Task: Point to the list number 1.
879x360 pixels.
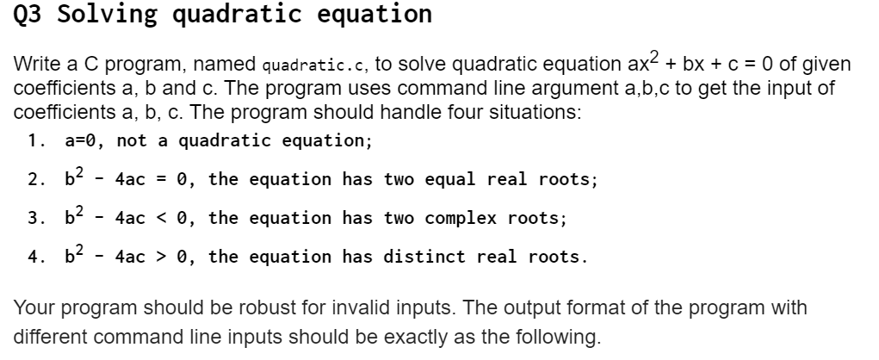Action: click(35, 140)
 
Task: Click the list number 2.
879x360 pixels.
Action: click(35, 180)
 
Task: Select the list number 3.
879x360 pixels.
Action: click(35, 218)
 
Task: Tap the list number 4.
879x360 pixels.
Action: click(35, 257)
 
